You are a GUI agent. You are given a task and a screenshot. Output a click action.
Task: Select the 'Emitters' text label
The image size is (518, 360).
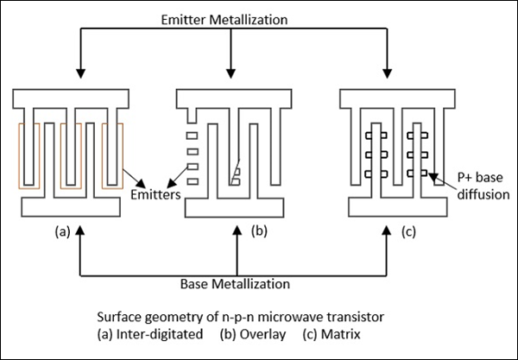coord(155,195)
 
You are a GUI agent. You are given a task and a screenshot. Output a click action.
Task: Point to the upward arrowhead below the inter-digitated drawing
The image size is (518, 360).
coord(80,229)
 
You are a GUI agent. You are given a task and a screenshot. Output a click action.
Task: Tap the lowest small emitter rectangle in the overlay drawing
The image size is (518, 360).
coord(193,180)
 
